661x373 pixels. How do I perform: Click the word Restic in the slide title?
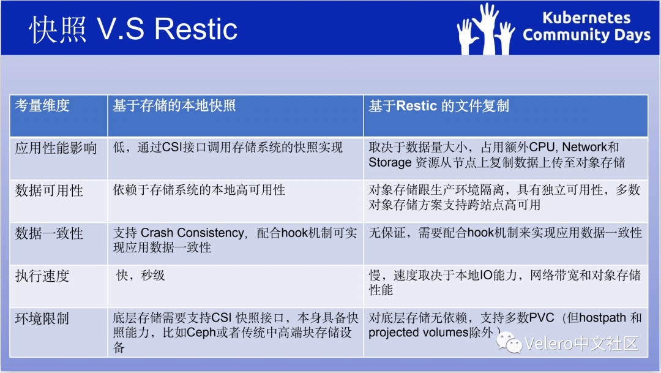point(196,29)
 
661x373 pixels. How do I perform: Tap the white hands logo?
point(486,29)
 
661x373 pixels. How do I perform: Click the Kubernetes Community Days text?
point(586,26)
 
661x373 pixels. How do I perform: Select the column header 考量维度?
point(43,105)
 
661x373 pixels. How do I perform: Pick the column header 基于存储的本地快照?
point(174,105)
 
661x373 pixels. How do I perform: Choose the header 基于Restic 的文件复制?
point(439,106)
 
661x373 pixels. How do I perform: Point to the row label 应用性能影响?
point(56,148)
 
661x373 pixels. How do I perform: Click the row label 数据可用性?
point(50,190)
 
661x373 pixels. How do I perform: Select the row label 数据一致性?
point(50,233)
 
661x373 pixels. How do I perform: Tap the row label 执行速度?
point(43,276)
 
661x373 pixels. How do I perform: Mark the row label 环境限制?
point(43,318)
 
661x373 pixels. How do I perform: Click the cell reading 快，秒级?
point(141,276)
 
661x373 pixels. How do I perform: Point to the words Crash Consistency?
point(192,233)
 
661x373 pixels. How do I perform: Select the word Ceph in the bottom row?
point(201,333)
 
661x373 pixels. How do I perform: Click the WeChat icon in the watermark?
point(509,342)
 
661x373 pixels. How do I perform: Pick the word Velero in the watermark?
point(549,344)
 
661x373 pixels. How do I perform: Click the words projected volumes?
point(418,333)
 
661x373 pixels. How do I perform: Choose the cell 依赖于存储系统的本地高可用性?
point(199,190)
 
